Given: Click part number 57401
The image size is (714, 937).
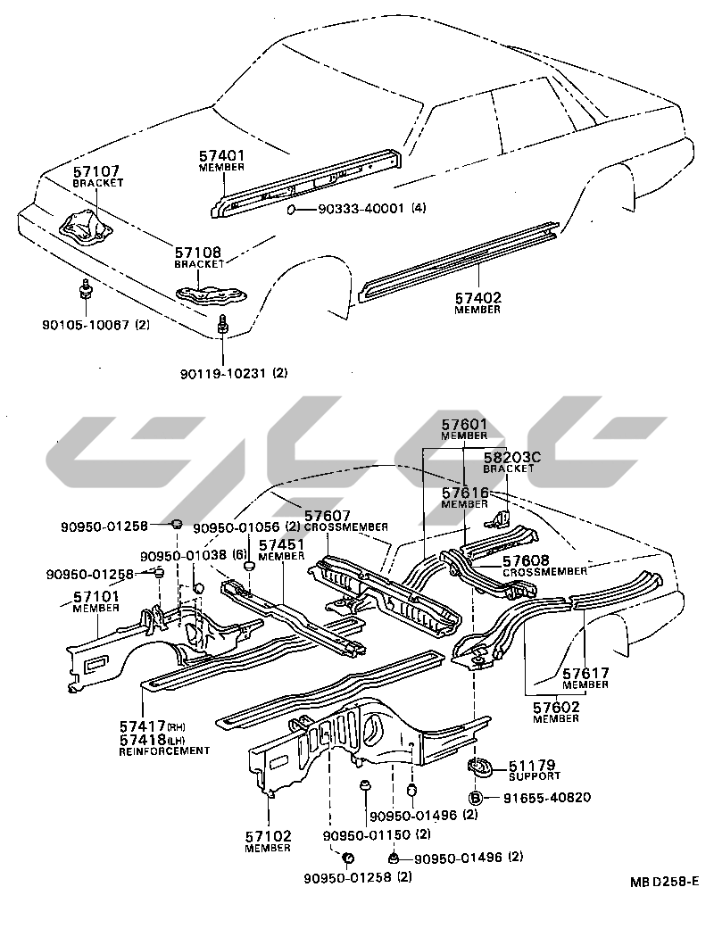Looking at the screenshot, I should coord(221,155).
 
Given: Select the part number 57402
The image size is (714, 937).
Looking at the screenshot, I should coord(477,298).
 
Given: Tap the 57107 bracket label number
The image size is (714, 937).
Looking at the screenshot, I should coord(95,171).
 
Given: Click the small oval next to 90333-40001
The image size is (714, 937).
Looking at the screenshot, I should coord(294,211).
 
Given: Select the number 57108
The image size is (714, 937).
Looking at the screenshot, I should coord(197,253).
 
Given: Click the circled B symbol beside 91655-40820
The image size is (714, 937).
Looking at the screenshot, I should coord(476,798).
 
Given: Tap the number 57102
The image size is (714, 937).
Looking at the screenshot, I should coord(268,836).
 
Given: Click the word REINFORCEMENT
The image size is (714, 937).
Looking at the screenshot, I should coord(164,751).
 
